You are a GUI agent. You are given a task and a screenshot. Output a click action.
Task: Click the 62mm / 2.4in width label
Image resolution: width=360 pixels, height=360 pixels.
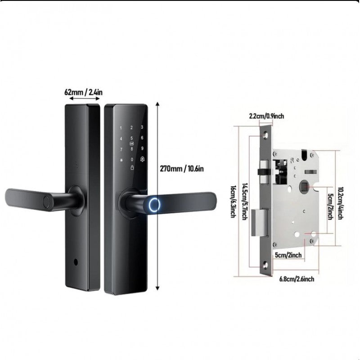[x=83, y=92]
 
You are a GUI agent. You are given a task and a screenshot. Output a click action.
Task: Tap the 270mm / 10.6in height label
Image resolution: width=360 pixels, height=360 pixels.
[x=182, y=169]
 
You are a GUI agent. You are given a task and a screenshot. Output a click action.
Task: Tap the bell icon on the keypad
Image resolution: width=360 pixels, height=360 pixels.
[x=142, y=159]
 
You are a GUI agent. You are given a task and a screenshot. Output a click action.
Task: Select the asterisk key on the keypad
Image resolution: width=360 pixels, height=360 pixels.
[x=121, y=160]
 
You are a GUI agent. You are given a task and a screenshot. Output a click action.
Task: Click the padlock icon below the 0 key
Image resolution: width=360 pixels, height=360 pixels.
[x=132, y=167]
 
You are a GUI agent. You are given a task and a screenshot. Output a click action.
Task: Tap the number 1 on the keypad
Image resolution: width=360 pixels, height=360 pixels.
[x=121, y=128]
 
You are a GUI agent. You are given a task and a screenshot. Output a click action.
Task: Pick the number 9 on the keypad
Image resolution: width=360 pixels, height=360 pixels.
[x=142, y=148]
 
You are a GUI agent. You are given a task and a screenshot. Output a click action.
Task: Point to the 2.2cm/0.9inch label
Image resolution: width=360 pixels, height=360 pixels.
[x=266, y=116]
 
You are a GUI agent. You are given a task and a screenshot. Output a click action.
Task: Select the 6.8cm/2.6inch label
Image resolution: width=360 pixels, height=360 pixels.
[x=297, y=279]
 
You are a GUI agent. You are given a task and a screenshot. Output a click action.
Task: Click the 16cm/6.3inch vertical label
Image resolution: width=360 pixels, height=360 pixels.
[x=233, y=202]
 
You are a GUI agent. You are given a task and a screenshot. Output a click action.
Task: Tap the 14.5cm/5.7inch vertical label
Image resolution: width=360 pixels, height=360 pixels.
[x=245, y=201]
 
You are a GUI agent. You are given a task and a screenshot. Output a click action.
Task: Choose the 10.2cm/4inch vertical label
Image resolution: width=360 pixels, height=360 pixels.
[x=340, y=204]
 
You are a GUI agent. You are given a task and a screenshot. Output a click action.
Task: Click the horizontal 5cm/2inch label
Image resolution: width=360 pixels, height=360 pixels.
[x=288, y=255]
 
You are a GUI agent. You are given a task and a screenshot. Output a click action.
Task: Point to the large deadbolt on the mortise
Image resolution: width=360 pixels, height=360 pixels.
[x=259, y=222]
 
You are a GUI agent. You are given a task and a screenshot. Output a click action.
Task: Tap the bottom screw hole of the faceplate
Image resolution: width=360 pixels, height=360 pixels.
[x=265, y=265]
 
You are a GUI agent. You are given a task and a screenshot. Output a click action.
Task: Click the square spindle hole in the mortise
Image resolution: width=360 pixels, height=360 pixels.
[x=305, y=186]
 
